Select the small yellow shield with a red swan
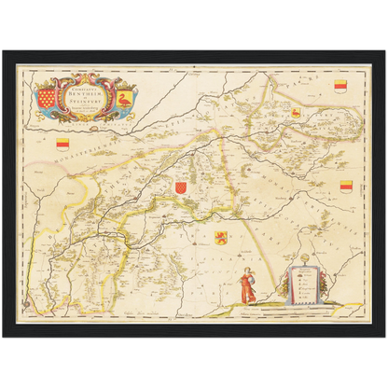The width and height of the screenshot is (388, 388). coord(296,113)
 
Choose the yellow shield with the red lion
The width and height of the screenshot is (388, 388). coord(221,237)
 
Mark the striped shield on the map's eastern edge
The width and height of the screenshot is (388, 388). coord(346,186)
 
